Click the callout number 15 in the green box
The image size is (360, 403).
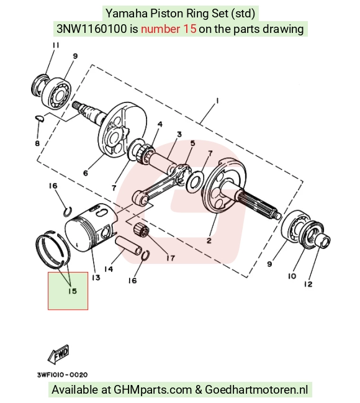(73, 291)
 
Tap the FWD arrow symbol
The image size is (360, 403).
(58, 354)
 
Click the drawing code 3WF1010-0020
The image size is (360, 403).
(62, 374)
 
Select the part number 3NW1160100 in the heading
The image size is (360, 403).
(91, 29)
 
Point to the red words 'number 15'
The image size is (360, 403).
(169, 29)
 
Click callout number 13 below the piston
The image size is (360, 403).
(96, 278)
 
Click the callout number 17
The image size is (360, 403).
(171, 258)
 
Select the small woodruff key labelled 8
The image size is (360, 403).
(40, 118)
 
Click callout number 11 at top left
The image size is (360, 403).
(56, 45)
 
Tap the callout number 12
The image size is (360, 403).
(308, 284)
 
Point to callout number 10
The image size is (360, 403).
(292, 276)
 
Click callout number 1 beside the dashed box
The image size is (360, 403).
(217, 101)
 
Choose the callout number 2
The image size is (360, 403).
(209, 240)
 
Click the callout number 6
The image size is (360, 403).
(86, 173)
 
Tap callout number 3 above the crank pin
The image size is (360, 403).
(179, 134)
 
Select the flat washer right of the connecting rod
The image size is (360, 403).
(195, 181)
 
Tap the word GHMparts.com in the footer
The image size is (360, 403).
(153, 389)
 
